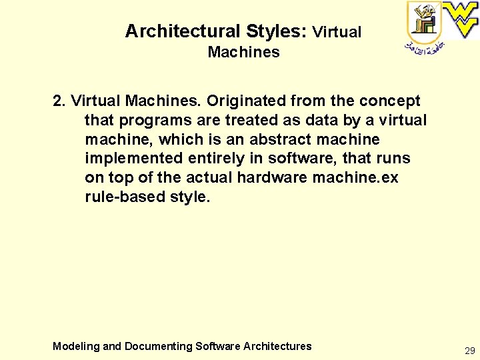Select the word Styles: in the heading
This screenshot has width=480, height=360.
coord(276,31)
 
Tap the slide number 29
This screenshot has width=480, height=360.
coord(470,350)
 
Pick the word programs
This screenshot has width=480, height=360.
coord(155,121)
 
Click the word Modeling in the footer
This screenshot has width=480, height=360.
coord(77,346)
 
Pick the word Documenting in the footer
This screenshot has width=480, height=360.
coord(158,346)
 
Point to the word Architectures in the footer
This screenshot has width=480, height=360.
coord(277,346)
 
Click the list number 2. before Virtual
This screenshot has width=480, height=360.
coord(59,101)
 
